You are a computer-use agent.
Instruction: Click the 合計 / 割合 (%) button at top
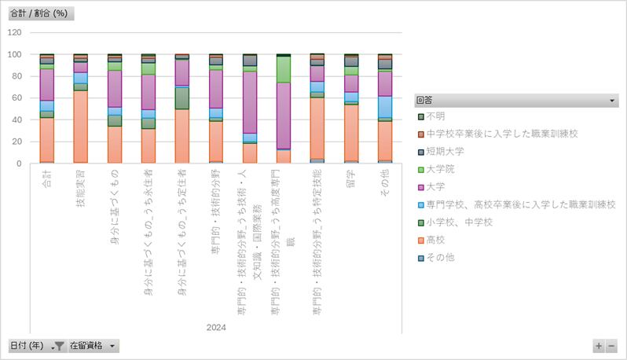click(40, 14)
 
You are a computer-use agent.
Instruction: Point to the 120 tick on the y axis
click(15, 33)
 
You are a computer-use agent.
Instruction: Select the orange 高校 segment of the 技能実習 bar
click(80, 126)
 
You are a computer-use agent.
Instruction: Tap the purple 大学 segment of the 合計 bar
click(46, 84)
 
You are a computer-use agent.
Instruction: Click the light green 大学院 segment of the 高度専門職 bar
click(284, 69)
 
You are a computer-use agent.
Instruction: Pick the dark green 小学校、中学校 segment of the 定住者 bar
click(181, 97)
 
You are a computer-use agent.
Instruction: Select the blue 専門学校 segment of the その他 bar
click(384, 107)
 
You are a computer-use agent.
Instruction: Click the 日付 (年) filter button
click(36, 345)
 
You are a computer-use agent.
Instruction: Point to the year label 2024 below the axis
click(215, 328)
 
